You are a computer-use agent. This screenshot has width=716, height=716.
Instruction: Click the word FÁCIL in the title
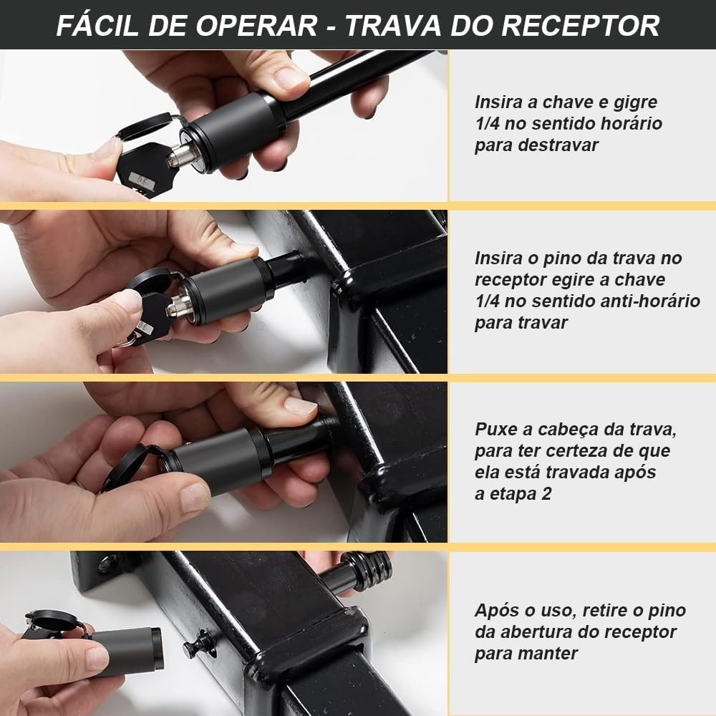pos(97,25)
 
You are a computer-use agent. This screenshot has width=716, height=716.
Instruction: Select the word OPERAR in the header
pos(256,26)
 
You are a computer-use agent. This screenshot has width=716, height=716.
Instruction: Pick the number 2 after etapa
pos(546,494)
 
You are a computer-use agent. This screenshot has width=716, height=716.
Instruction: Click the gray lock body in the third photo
pos(218,461)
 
